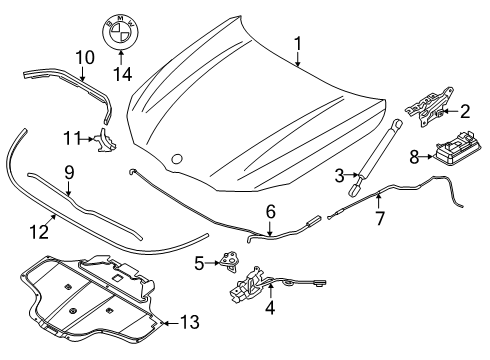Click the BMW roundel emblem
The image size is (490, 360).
tap(120, 32)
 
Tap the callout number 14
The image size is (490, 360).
tap(123, 74)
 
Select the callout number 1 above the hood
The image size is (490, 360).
tap(297, 44)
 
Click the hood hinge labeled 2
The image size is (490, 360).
tap(429, 107)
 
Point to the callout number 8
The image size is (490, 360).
tap(414, 157)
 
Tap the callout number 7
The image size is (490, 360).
tap(380, 218)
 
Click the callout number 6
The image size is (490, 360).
tap(271, 211)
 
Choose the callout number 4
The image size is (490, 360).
tap(270, 307)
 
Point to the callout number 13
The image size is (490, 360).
tap(190, 322)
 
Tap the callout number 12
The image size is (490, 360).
tap(39, 232)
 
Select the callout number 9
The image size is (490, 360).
tap(69, 173)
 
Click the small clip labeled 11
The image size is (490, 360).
tap(105, 140)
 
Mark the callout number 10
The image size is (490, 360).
tap(85, 57)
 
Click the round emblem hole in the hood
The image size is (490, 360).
tap(177, 159)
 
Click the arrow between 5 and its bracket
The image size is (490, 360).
tap(212, 263)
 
